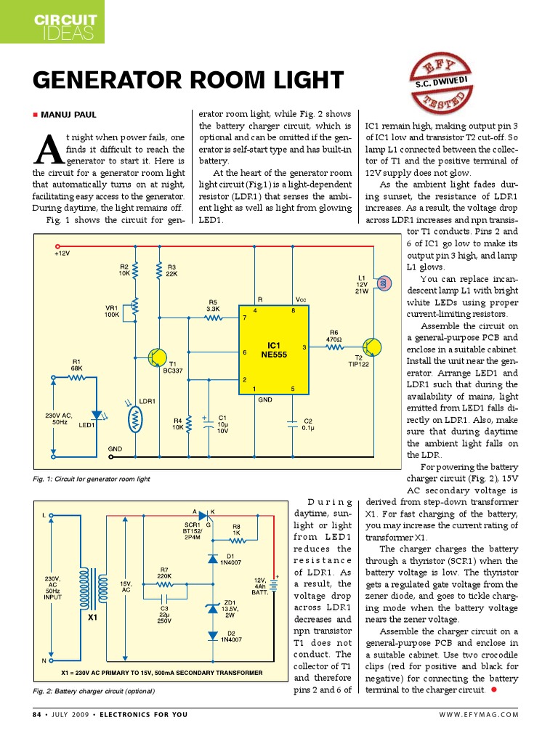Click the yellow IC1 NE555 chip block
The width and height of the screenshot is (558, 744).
click(273, 349)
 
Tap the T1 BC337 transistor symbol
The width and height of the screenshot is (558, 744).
click(156, 357)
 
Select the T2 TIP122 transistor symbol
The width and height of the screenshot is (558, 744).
click(371, 347)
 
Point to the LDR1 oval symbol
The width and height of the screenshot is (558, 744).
click(135, 419)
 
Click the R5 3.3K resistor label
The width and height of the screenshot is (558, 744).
click(213, 305)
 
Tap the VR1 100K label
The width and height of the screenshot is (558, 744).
click(113, 310)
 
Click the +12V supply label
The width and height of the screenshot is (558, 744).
click(62, 254)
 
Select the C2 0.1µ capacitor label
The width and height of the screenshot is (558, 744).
click(307, 424)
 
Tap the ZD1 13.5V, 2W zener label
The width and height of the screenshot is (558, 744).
click(230, 607)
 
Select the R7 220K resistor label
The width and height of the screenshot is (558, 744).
click(164, 573)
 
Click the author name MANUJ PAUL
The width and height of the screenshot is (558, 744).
click(68, 114)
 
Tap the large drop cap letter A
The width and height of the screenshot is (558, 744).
click(45, 150)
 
